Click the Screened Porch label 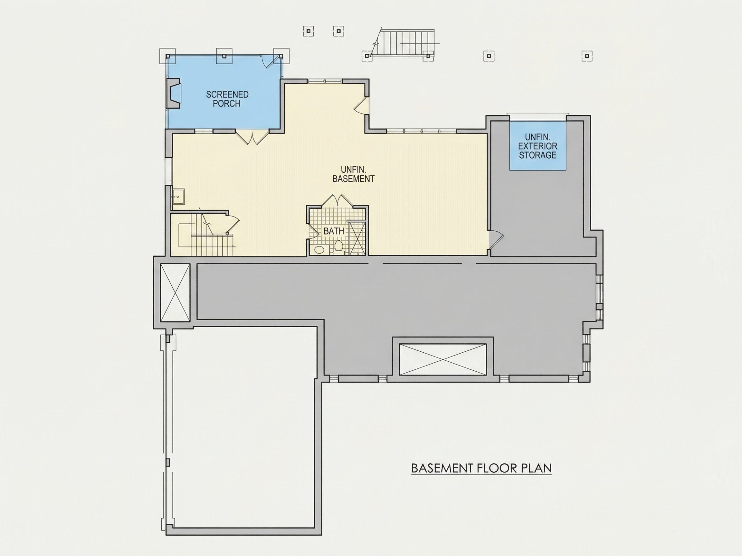click(227, 99)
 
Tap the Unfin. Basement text click(353, 174)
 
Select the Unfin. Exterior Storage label click(538, 146)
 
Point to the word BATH click(334, 231)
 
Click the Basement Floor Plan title click(481, 468)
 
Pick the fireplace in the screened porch click(174, 94)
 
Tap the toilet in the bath click(339, 247)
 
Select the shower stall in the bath click(356, 237)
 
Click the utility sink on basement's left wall click(178, 196)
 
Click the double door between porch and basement click(252, 137)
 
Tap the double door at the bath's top click(337, 201)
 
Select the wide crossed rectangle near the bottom click(443, 359)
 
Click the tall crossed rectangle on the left click(175, 292)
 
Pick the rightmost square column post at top click(587, 56)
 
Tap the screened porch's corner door click(270, 61)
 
